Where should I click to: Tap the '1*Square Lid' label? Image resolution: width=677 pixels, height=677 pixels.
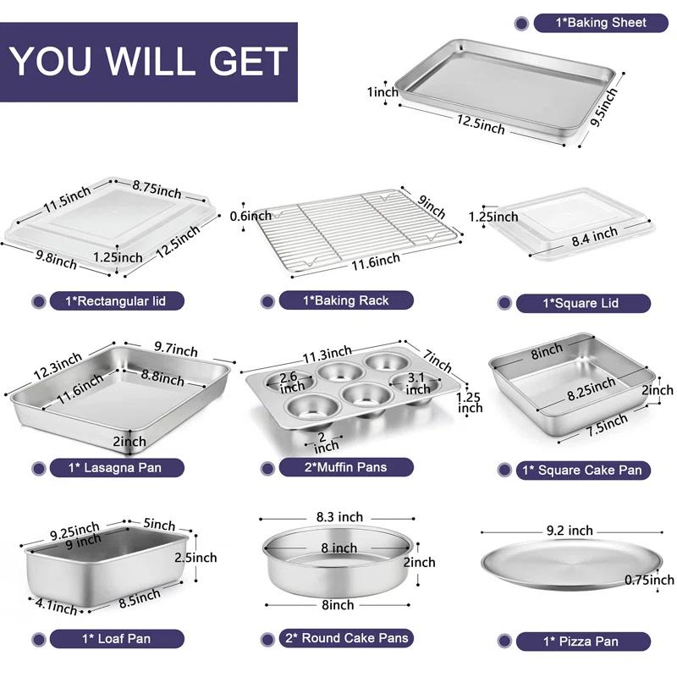[x=583, y=303]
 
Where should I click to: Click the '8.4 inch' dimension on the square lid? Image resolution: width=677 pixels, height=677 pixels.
[x=593, y=237]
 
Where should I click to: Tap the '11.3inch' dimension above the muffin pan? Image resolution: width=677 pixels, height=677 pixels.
[x=326, y=352]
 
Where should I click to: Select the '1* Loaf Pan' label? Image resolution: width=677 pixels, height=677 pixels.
[x=115, y=639]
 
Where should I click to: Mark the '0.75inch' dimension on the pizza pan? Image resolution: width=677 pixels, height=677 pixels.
[x=649, y=580]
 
